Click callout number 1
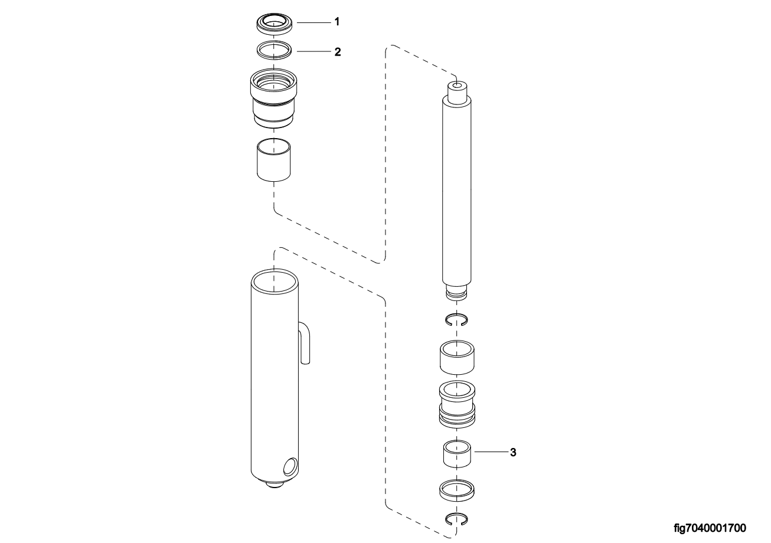point(337,22)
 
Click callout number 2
point(338,52)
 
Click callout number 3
point(513,453)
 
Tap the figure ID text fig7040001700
point(710,528)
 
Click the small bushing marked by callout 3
point(457,454)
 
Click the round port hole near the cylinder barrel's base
point(291,467)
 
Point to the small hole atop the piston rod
point(457,84)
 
